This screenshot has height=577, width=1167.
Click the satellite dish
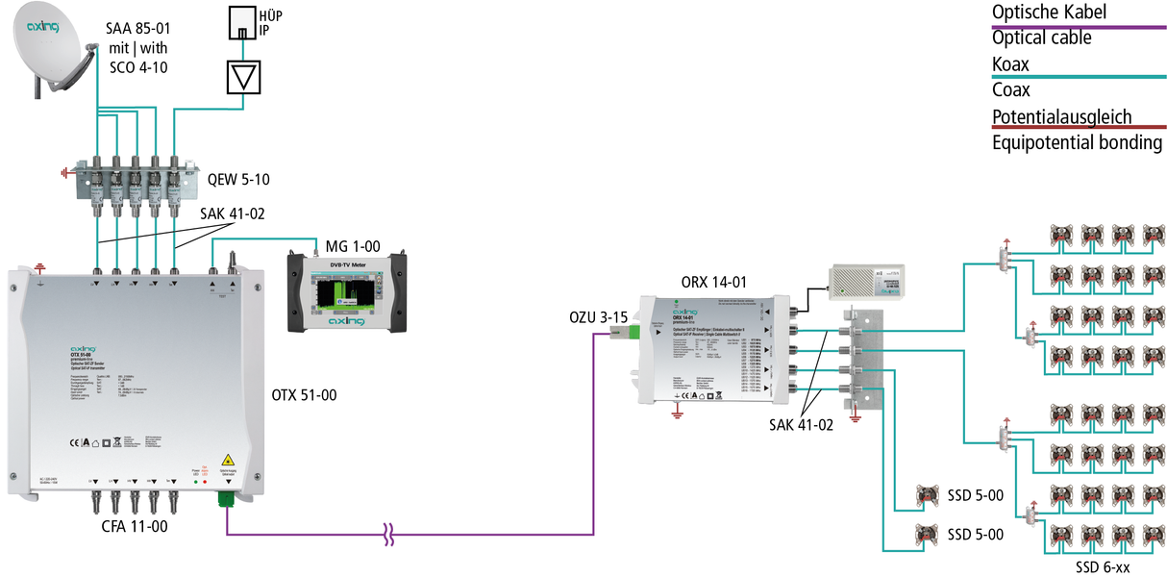pos(48,48)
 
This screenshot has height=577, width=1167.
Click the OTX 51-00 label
pos(308,394)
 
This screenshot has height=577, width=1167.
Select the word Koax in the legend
pos(1010,64)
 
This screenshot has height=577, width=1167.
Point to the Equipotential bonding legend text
pos(1077,143)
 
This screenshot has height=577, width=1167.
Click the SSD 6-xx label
pos(1103,567)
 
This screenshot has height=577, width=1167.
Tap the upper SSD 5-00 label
pos(976,495)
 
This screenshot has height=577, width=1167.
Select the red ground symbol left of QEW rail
pos(66,175)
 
